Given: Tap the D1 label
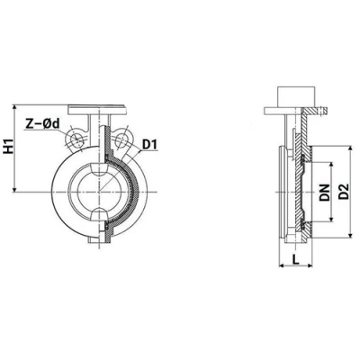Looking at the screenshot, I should click(151, 144).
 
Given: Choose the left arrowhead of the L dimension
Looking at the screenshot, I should click(274, 268).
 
